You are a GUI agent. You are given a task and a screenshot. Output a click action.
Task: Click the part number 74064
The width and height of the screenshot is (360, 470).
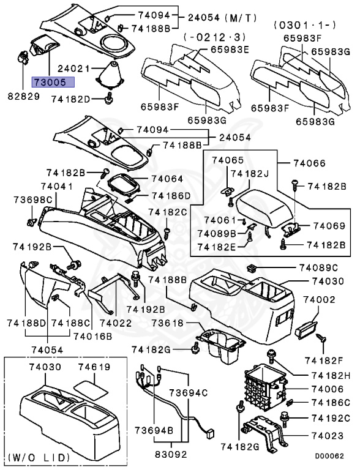pyautogui.click(x=167, y=179)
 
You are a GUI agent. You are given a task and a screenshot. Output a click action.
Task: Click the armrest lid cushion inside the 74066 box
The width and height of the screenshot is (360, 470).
pyautogui.click(x=264, y=206)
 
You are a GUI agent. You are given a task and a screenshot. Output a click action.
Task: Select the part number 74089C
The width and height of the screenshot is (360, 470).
pyautogui.click(x=318, y=267)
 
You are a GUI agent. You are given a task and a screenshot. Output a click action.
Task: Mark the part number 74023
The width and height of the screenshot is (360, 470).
pyautogui.click(x=331, y=436)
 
